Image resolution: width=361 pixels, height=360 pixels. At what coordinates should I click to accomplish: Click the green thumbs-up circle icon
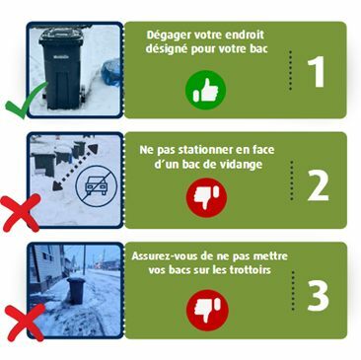click(x=205, y=90)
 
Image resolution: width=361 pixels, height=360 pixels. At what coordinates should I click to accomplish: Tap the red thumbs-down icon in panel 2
click(x=206, y=197)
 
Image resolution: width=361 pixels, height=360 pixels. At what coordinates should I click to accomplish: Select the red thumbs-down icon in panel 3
click(x=206, y=310)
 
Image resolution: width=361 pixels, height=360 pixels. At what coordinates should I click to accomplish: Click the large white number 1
click(x=316, y=71)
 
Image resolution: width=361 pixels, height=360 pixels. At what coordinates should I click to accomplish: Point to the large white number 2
click(x=318, y=185)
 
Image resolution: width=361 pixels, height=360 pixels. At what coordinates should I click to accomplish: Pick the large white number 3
click(x=318, y=296)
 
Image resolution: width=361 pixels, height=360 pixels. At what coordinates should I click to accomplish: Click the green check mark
click(x=27, y=101)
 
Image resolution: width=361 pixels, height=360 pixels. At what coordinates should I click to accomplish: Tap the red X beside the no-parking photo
click(x=21, y=212)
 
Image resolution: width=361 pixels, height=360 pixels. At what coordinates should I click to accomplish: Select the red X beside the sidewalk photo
click(x=26, y=323)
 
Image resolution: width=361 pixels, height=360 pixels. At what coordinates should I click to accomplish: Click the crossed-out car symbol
click(x=96, y=186)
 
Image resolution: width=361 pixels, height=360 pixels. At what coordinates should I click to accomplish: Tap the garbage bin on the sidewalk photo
click(x=76, y=290)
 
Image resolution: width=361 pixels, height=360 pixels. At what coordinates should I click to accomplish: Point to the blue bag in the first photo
click(x=110, y=71)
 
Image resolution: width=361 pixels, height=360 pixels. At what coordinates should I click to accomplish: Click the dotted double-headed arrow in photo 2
click(x=75, y=168)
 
